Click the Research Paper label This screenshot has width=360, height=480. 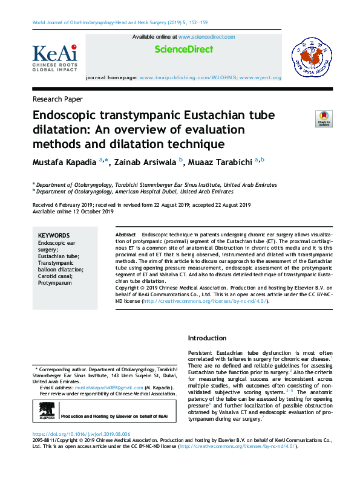coord(57,99)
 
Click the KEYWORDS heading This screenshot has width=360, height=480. coord(54,236)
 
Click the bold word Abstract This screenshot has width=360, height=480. coord(125,234)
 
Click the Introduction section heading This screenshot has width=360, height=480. coord(208,338)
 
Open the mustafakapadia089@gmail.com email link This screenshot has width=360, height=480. coord(93,388)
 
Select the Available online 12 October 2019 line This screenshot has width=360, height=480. coord(73,211)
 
